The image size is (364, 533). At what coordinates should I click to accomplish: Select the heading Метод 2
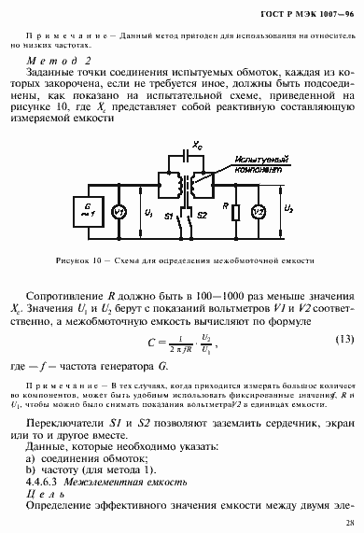[64, 58]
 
